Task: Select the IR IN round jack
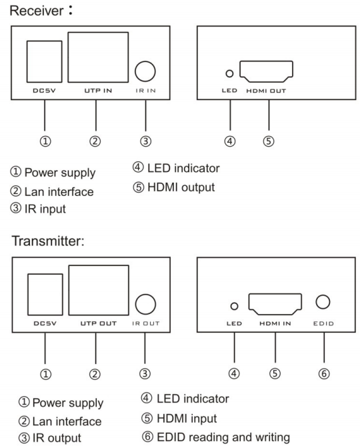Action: point(145,71)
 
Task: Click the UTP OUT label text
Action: point(99,323)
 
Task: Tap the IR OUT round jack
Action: point(145,303)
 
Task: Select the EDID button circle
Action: point(323,301)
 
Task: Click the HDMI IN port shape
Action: point(277,305)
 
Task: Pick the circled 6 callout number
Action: point(323,374)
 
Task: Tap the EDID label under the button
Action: point(323,324)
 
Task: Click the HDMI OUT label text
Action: point(269,92)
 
